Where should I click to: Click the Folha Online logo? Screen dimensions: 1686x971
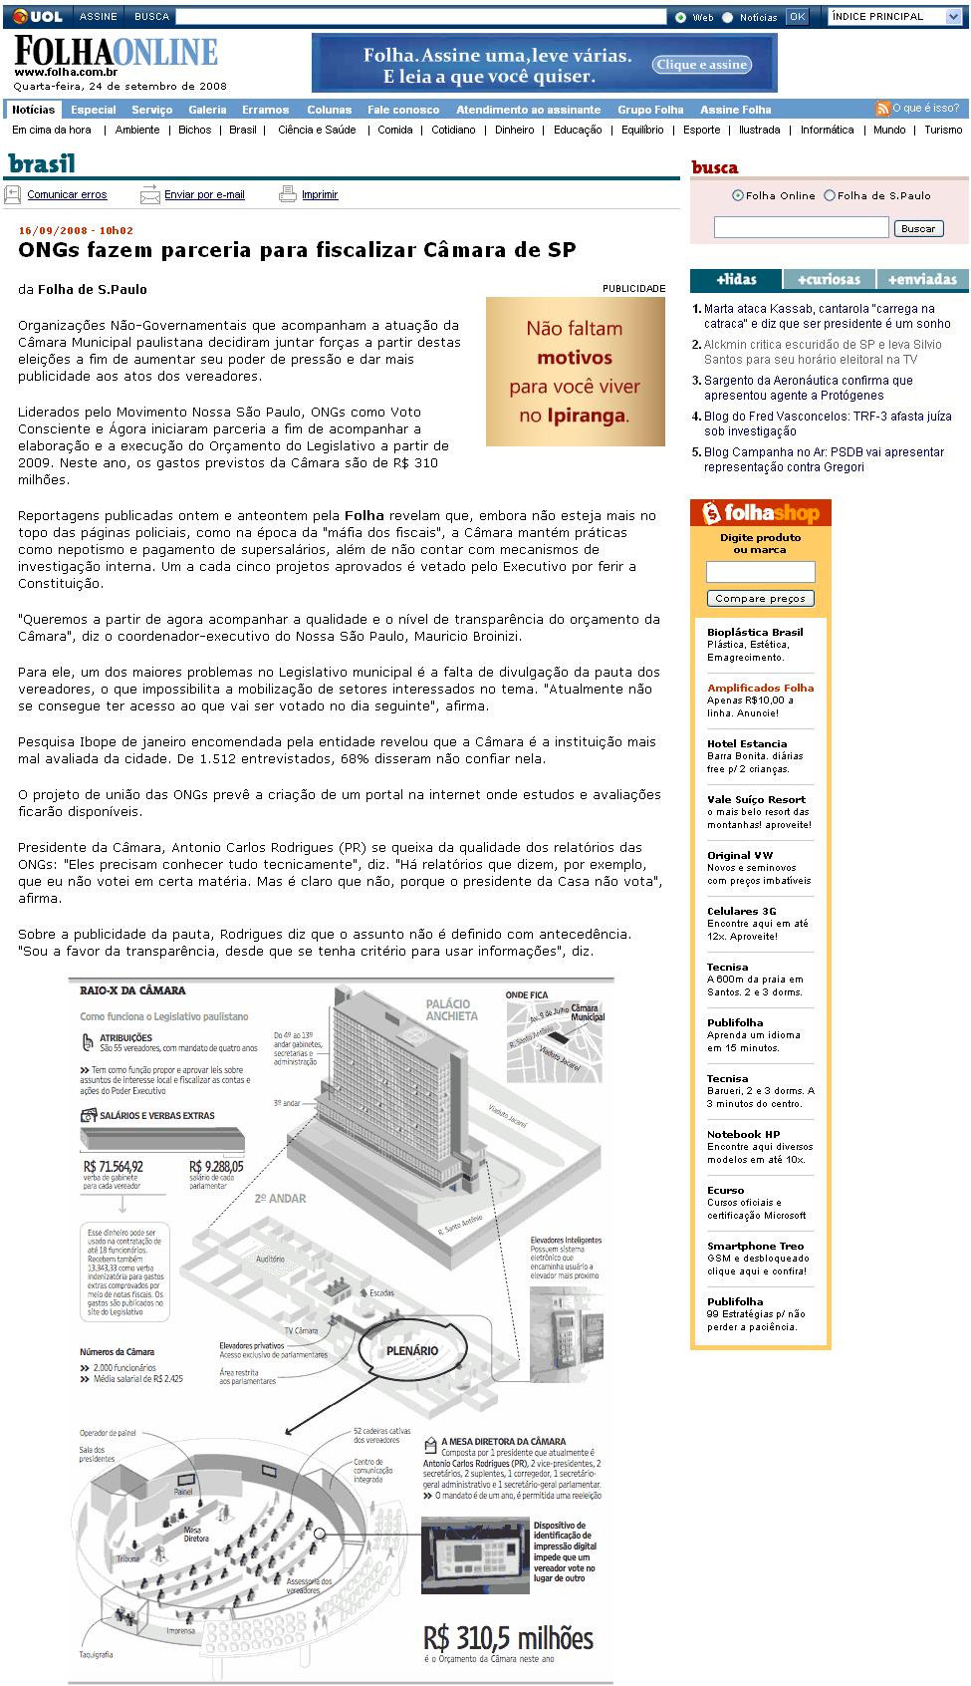click(x=115, y=53)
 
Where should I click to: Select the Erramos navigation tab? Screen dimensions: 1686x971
click(x=265, y=110)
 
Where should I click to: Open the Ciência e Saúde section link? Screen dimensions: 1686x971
click(x=317, y=130)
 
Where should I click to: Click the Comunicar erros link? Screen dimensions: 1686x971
click(x=67, y=195)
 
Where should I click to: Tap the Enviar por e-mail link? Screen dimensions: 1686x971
click(x=204, y=195)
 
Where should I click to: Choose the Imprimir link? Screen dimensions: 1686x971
click(x=320, y=195)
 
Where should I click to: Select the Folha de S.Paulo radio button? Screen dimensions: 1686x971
click(x=830, y=196)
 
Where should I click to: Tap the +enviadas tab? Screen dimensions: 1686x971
click(x=922, y=280)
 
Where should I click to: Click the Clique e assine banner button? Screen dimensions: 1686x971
click(x=702, y=65)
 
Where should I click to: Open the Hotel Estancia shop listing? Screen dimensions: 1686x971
click(x=747, y=743)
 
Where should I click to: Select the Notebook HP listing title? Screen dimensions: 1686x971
click(x=743, y=1134)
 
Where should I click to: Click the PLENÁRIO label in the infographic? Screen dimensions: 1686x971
click(x=412, y=1350)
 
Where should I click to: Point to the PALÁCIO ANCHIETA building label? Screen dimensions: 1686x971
click(x=451, y=1009)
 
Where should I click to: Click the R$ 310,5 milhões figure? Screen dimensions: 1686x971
click(x=508, y=1638)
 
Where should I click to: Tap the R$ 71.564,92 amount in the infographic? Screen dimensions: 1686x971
click(x=114, y=1166)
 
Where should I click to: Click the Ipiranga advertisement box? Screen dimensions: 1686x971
click(x=576, y=371)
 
